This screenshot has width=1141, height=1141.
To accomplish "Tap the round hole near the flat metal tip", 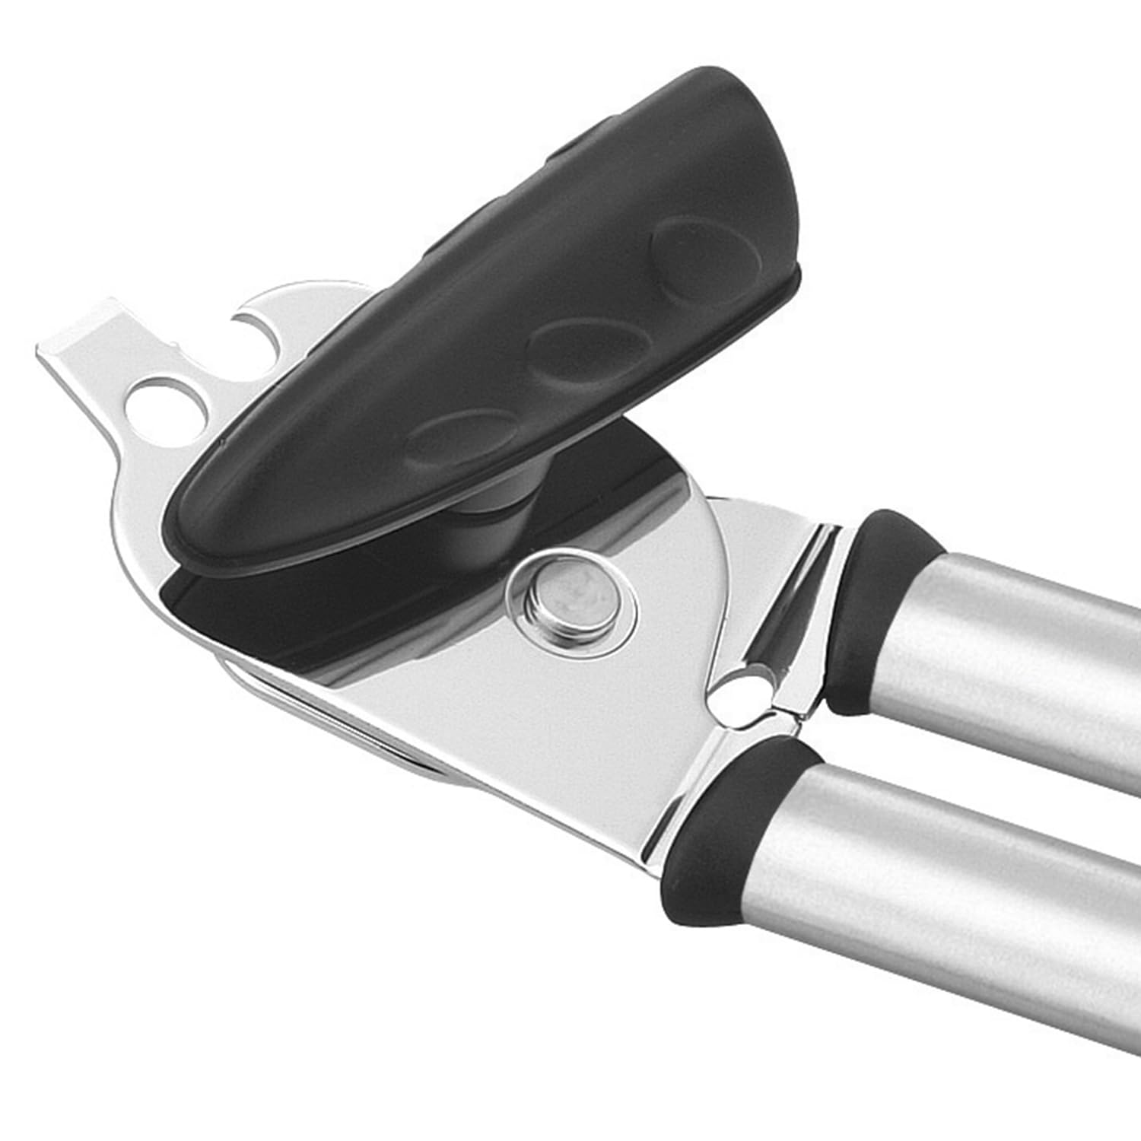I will click(169, 407).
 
